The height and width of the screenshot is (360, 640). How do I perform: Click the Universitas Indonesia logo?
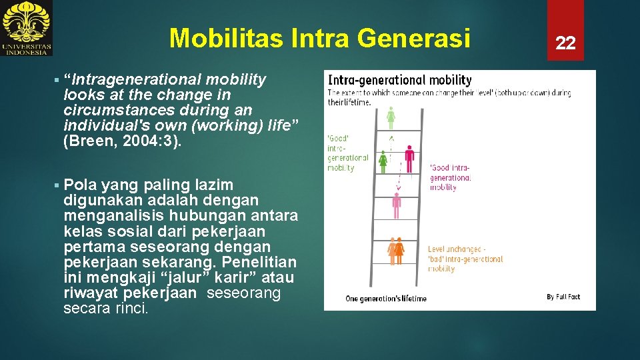(x=27, y=28)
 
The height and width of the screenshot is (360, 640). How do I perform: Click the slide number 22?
(x=565, y=43)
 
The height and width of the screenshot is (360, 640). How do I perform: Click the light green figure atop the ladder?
(x=391, y=118)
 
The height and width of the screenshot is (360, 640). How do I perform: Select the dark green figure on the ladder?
(x=383, y=161)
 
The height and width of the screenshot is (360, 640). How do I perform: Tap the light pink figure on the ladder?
(x=396, y=205)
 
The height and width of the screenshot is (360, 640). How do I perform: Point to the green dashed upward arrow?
(x=391, y=143)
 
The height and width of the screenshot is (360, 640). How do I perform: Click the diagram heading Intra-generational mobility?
(x=400, y=80)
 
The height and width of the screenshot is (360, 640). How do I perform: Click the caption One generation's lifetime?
(x=386, y=299)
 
